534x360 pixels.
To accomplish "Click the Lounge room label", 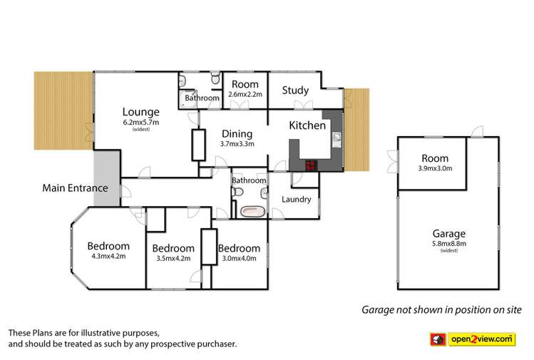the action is (140, 112).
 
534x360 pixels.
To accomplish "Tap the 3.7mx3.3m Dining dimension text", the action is (237, 144).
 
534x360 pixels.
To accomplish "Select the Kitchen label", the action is (307, 125).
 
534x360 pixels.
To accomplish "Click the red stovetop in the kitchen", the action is (311, 165).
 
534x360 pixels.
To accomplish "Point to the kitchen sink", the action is (337, 138).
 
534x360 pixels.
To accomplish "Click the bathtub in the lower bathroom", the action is (252, 212).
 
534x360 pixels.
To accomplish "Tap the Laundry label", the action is (297, 199).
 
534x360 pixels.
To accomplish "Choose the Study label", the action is (295, 91).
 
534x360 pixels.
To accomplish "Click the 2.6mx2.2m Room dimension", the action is (245, 94).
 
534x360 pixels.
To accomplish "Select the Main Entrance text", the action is (75, 188).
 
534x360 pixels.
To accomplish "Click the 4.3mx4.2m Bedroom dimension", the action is (108, 256).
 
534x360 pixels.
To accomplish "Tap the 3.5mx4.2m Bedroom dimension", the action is (173, 259).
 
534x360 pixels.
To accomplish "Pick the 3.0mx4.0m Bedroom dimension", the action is (239, 259).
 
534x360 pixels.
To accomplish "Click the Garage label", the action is (449, 234).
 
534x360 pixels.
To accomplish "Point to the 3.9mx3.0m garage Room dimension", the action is (435, 168).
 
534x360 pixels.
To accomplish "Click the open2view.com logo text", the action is (481, 339).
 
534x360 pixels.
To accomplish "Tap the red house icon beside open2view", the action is (438, 339).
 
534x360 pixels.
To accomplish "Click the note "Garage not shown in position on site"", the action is (441, 309).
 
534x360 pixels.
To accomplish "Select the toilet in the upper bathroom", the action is (215, 78).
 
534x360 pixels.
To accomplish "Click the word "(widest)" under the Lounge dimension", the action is (141, 129).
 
